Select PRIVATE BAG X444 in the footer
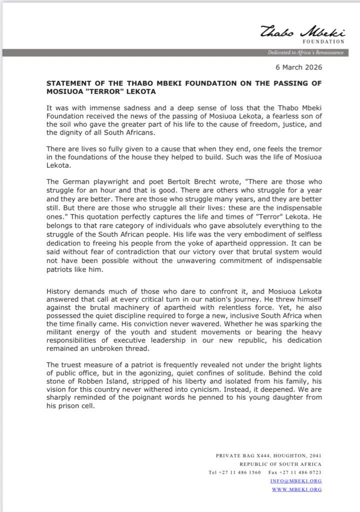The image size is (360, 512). [240, 455]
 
